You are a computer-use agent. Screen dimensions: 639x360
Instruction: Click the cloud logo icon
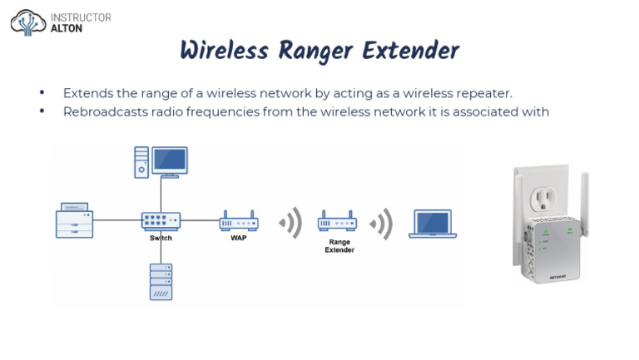(x=28, y=22)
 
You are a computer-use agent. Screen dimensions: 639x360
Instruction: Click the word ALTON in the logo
(x=67, y=28)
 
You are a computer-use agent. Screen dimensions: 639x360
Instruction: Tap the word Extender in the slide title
(x=411, y=51)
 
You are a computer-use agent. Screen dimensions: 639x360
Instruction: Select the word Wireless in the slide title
(x=225, y=51)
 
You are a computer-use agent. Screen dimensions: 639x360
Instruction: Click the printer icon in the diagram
(x=75, y=220)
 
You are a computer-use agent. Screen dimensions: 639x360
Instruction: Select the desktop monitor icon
(x=170, y=162)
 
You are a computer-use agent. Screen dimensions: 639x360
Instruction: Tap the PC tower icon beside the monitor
(x=141, y=162)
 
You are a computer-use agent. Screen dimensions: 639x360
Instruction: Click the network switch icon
(x=161, y=221)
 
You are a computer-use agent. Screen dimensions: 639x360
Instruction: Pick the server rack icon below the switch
(x=161, y=282)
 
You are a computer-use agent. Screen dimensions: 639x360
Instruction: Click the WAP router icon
(x=239, y=221)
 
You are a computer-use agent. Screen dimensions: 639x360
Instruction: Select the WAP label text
(x=239, y=238)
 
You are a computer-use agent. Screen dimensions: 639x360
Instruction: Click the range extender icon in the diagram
(x=338, y=221)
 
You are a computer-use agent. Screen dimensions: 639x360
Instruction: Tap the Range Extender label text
(x=339, y=246)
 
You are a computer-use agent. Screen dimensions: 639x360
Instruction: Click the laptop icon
(x=433, y=224)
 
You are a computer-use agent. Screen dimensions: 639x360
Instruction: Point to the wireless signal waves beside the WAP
(x=291, y=223)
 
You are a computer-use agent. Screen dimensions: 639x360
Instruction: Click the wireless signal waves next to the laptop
(x=381, y=224)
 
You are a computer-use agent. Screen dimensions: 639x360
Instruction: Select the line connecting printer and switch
(x=117, y=220)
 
